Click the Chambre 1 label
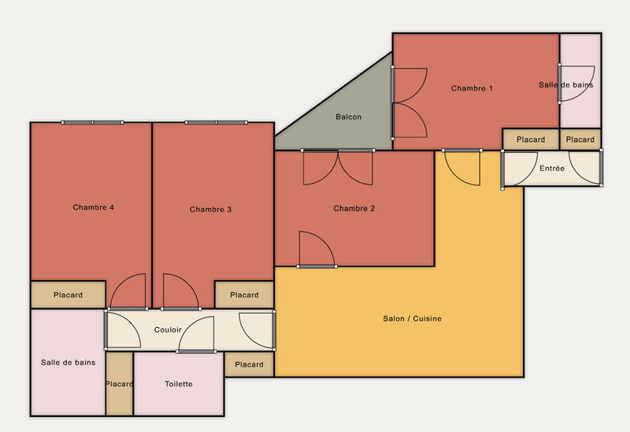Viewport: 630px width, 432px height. (472, 88)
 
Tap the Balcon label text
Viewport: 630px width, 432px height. (349, 117)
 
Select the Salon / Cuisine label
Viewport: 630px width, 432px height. (412, 318)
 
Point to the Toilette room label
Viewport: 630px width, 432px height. (179, 384)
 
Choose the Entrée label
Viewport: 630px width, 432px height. (551, 169)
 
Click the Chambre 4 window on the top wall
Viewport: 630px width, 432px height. (92, 123)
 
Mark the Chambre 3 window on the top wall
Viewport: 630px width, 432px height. (216, 123)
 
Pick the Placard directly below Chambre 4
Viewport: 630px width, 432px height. (68, 295)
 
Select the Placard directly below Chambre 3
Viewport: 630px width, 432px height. (244, 295)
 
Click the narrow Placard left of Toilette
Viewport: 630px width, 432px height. (119, 384)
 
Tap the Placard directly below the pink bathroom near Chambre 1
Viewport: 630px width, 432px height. (580, 140)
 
